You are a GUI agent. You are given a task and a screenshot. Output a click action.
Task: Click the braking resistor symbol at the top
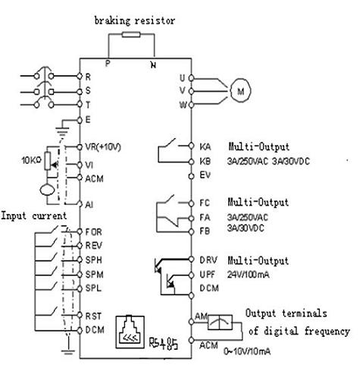(131, 34)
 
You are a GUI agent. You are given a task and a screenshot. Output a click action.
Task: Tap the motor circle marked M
(240, 91)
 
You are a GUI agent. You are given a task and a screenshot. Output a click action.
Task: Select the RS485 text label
(164, 343)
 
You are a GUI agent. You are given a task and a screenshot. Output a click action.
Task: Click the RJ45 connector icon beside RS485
(130, 332)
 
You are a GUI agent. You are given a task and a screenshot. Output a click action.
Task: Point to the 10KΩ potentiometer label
(31, 160)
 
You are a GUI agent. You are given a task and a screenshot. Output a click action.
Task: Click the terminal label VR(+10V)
(103, 147)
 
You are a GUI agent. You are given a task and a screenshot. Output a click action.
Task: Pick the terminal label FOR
(93, 231)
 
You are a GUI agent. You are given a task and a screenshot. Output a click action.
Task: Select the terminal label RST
(93, 316)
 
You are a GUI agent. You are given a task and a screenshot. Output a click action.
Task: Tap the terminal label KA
(205, 146)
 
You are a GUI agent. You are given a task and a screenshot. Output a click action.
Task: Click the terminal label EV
(205, 175)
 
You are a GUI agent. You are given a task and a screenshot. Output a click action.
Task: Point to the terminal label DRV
(208, 260)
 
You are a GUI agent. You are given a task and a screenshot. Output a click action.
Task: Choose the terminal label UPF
(208, 275)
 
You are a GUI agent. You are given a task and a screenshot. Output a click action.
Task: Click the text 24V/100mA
(248, 275)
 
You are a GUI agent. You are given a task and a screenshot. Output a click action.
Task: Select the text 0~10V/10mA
(247, 351)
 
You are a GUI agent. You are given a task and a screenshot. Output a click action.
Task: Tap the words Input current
(34, 216)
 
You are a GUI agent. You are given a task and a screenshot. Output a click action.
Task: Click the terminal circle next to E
(80, 120)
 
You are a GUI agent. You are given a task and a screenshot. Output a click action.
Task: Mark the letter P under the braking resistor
(108, 63)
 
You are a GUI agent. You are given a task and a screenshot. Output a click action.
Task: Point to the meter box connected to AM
(220, 323)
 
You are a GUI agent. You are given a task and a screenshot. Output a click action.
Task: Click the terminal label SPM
(94, 275)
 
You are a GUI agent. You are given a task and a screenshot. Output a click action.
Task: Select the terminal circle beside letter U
(191, 78)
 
